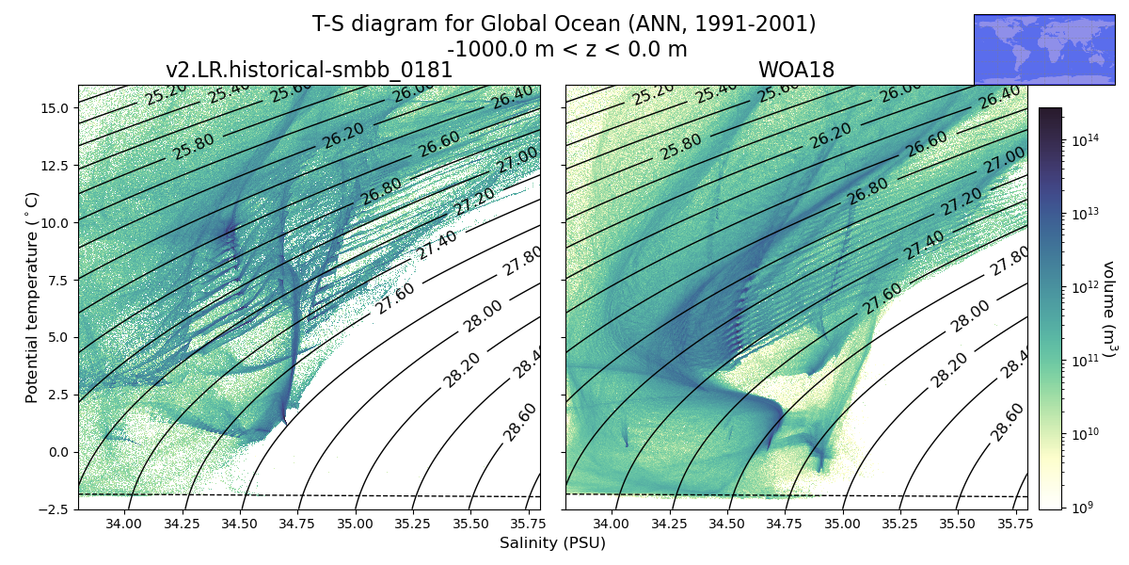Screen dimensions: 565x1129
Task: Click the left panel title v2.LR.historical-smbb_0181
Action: click(x=309, y=71)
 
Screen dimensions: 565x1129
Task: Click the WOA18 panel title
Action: click(x=796, y=71)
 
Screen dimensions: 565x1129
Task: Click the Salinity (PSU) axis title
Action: click(x=552, y=543)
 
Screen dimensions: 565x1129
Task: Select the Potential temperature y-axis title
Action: click(x=32, y=297)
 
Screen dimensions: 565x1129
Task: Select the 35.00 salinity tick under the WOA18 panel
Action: click(x=843, y=524)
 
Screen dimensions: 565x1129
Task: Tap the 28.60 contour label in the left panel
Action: click(x=519, y=420)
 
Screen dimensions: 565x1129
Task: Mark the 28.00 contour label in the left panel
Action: click(x=483, y=315)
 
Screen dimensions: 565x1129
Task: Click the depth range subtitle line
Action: click(x=566, y=49)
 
